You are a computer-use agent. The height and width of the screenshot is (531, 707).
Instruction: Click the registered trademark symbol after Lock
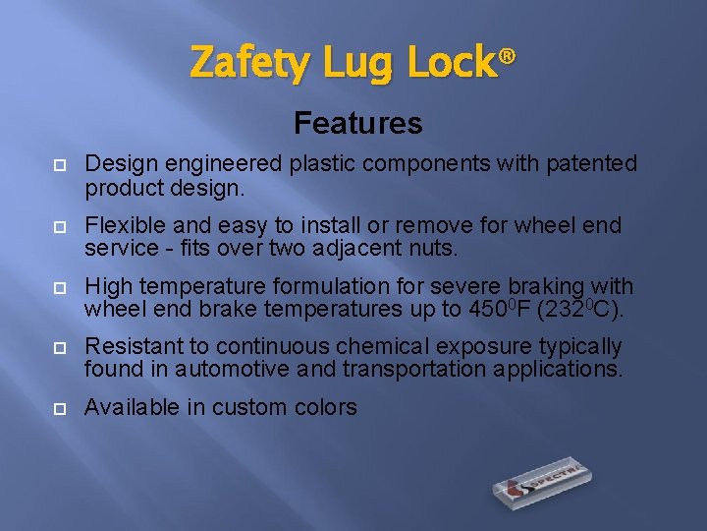[x=507, y=56]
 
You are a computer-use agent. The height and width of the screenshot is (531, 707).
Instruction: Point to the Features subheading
[x=357, y=123]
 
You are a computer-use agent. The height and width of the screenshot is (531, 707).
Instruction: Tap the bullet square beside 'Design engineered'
[x=59, y=165]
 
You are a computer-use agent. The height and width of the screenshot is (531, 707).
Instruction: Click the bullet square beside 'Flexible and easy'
[x=59, y=227]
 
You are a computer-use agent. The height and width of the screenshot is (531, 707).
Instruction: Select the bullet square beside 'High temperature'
[x=59, y=288]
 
